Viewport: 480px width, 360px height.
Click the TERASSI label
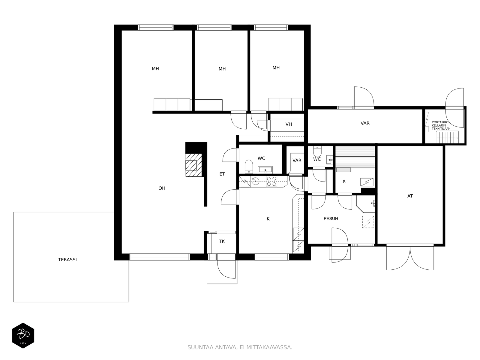pyautogui.click(x=67, y=260)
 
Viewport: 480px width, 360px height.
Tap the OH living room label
pyautogui.click(x=162, y=188)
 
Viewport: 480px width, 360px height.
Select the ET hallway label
pyautogui.click(x=222, y=174)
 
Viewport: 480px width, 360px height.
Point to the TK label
pyautogui.click(x=222, y=241)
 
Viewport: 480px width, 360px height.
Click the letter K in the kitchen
pyautogui.click(x=268, y=219)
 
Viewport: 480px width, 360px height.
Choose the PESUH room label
pyautogui.click(x=331, y=219)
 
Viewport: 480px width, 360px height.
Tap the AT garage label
pyautogui.click(x=410, y=196)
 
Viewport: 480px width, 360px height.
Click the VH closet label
pyautogui.click(x=289, y=124)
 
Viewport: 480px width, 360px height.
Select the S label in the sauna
pyautogui.click(x=344, y=181)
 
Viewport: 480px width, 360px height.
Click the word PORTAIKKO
pyautogui.click(x=440, y=122)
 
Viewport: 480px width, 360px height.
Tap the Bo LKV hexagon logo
pyautogui.click(x=23, y=335)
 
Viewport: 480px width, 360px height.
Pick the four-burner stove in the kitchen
pyautogui.click(x=271, y=181)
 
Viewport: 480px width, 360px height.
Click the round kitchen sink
pyautogui.click(x=255, y=181)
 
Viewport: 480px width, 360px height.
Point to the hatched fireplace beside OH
pyautogui.click(x=193, y=165)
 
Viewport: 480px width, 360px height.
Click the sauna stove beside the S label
pyautogui.click(x=367, y=182)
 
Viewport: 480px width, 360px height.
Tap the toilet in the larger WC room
pyautogui.click(x=249, y=166)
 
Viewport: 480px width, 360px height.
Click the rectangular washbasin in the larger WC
pyautogui.click(x=265, y=170)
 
